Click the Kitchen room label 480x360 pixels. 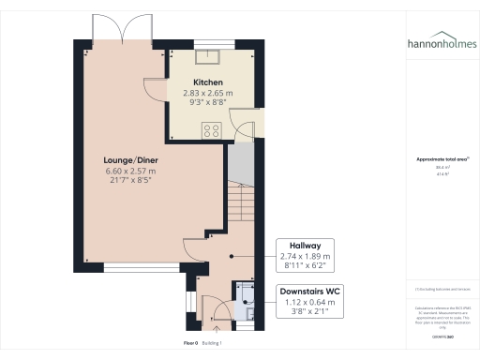pyautogui.click(x=208, y=82)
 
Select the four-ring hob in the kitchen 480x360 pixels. pyautogui.click(x=212, y=131)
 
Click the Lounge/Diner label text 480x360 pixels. pyautogui.click(x=130, y=160)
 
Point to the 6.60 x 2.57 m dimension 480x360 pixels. pyautogui.click(x=130, y=171)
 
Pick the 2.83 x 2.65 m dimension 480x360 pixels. pyautogui.click(x=208, y=93)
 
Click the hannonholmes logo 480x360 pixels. pyautogui.click(x=442, y=43)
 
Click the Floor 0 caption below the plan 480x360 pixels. pyautogui.click(x=192, y=344)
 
